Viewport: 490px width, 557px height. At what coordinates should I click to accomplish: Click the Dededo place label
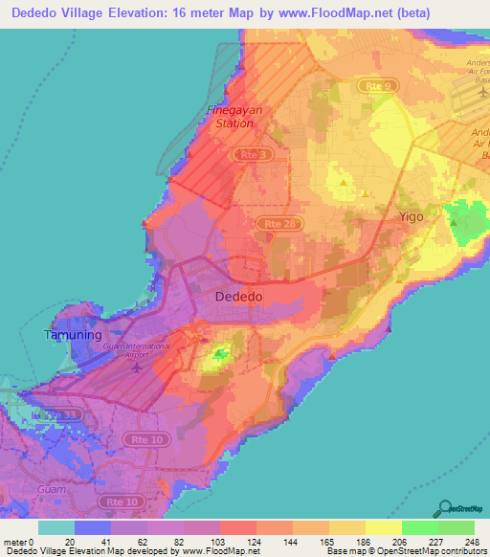pos(238,297)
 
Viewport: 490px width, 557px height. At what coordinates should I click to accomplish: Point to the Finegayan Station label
pos(232,117)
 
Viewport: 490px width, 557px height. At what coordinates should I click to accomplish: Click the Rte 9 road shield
pos(379,86)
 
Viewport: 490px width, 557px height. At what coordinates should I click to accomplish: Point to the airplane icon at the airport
pos(135,366)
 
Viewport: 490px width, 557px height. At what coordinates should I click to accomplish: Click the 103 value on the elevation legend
pos(218,541)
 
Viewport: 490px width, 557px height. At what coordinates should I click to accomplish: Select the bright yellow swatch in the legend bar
pos(383,527)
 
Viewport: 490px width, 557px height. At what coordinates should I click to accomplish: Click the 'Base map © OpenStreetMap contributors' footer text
pos(403,551)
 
